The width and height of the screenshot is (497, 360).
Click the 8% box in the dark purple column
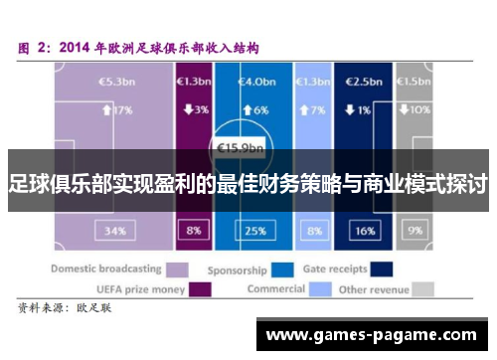click(192, 230)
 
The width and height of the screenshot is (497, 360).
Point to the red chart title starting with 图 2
click(138, 46)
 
